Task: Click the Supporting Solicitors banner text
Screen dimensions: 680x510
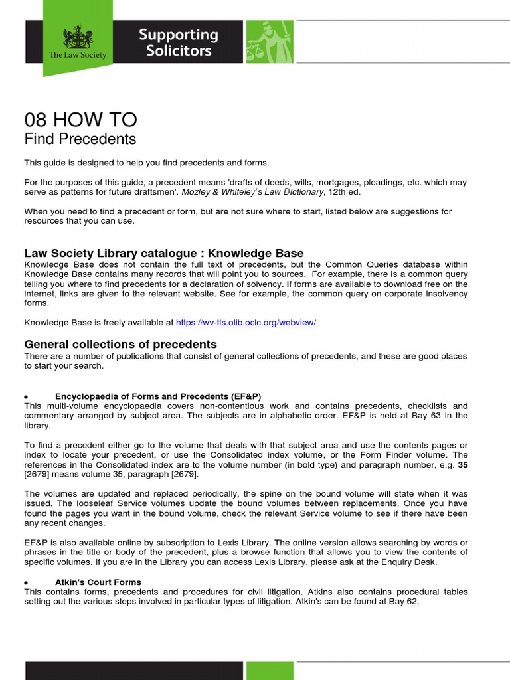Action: pyautogui.click(x=178, y=42)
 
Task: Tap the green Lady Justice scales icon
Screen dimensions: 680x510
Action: pyautogui.click(x=270, y=41)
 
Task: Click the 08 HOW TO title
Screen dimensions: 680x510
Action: pyautogui.click(x=80, y=120)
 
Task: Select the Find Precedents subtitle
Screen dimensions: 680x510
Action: pyautogui.click(x=80, y=139)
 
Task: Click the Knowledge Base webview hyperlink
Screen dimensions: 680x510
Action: pyautogui.click(x=246, y=323)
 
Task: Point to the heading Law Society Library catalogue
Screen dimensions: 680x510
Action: pyautogui.click(x=164, y=253)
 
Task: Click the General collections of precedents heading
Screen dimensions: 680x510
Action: pyautogui.click(x=120, y=344)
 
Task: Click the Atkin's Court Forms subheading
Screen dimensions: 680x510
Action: pyautogui.click(x=98, y=582)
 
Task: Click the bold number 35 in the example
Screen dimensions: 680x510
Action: pyautogui.click(x=463, y=465)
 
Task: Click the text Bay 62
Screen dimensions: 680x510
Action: pyautogui.click(x=404, y=602)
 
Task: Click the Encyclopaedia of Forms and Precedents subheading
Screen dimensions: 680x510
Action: pyautogui.click(x=158, y=396)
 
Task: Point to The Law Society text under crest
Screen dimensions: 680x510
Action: pyautogui.click(x=78, y=55)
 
